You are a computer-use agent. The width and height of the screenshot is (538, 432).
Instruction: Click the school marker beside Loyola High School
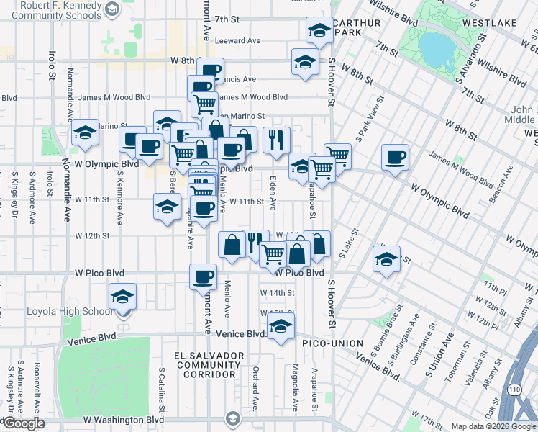(x=122, y=296)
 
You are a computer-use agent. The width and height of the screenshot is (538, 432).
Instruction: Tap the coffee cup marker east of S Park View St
(x=395, y=158)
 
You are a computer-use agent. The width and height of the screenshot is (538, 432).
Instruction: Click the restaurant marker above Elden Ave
(x=275, y=140)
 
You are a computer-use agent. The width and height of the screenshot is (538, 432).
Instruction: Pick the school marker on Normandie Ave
(x=85, y=132)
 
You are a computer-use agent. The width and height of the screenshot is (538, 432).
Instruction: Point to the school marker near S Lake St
(x=386, y=259)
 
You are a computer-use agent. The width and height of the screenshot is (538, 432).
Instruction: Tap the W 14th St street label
(x=277, y=293)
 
